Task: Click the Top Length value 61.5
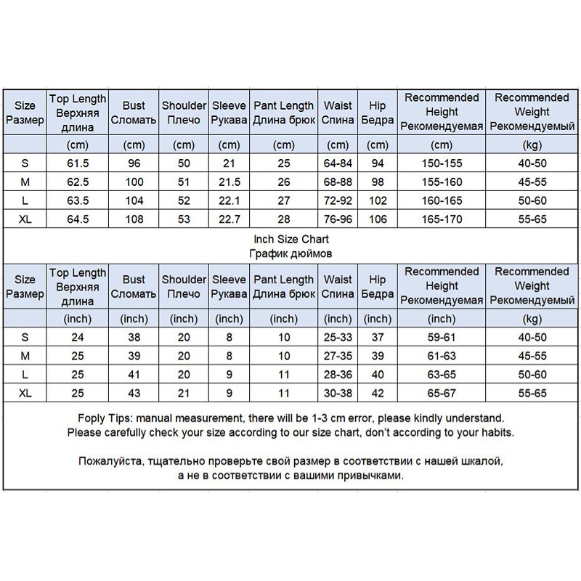pyautogui.click(x=78, y=163)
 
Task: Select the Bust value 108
pyautogui.click(x=134, y=218)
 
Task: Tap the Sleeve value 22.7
pyautogui.click(x=229, y=218)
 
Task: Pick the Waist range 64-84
pyautogui.click(x=338, y=163)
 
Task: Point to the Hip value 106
pyautogui.click(x=378, y=218)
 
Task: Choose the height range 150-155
pyautogui.click(x=442, y=163)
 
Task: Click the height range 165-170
pyautogui.click(x=442, y=218)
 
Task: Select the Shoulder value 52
pyautogui.click(x=184, y=200)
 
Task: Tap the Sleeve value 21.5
pyautogui.click(x=229, y=182)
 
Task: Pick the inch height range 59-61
pyautogui.click(x=442, y=338)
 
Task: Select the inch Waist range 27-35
pyautogui.click(x=338, y=356)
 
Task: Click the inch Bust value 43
pyautogui.click(x=134, y=392)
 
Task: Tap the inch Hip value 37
pyautogui.click(x=378, y=338)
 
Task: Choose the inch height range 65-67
pyautogui.click(x=442, y=392)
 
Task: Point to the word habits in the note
pyautogui.click(x=495, y=432)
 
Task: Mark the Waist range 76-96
pyautogui.click(x=338, y=218)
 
